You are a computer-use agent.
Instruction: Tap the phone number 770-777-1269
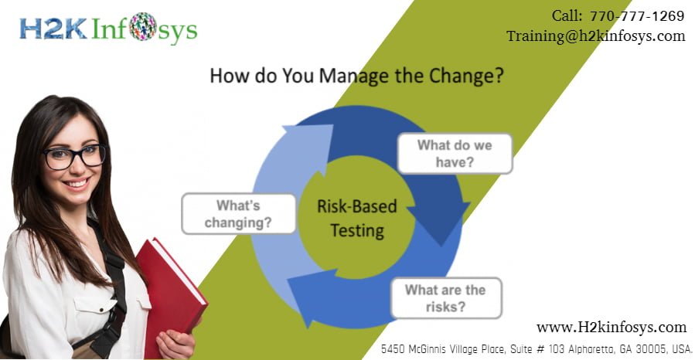(x=636, y=15)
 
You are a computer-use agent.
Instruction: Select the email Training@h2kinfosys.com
(x=595, y=36)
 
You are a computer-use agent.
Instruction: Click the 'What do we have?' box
(x=455, y=152)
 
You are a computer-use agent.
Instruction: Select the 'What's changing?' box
(x=239, y=213)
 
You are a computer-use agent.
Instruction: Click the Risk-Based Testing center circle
(x=356, y=218)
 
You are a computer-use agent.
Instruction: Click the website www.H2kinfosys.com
(x=611, y=327)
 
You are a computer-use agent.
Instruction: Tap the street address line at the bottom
(x=537, y=349)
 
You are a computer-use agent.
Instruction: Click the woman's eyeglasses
(x=74, y=155)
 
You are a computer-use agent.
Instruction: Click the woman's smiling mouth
(x=78, y=185)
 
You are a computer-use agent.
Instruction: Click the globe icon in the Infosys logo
(x=143, y=27)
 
